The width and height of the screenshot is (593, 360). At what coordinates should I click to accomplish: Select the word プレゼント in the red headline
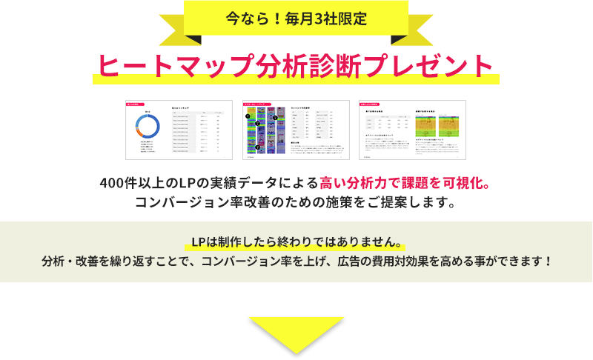437,65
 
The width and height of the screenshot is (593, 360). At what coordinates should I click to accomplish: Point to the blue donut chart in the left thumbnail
148,131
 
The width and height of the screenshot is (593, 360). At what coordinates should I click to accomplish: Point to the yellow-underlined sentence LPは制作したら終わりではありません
296,242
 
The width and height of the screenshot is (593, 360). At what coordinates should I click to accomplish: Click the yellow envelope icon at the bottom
296,336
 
